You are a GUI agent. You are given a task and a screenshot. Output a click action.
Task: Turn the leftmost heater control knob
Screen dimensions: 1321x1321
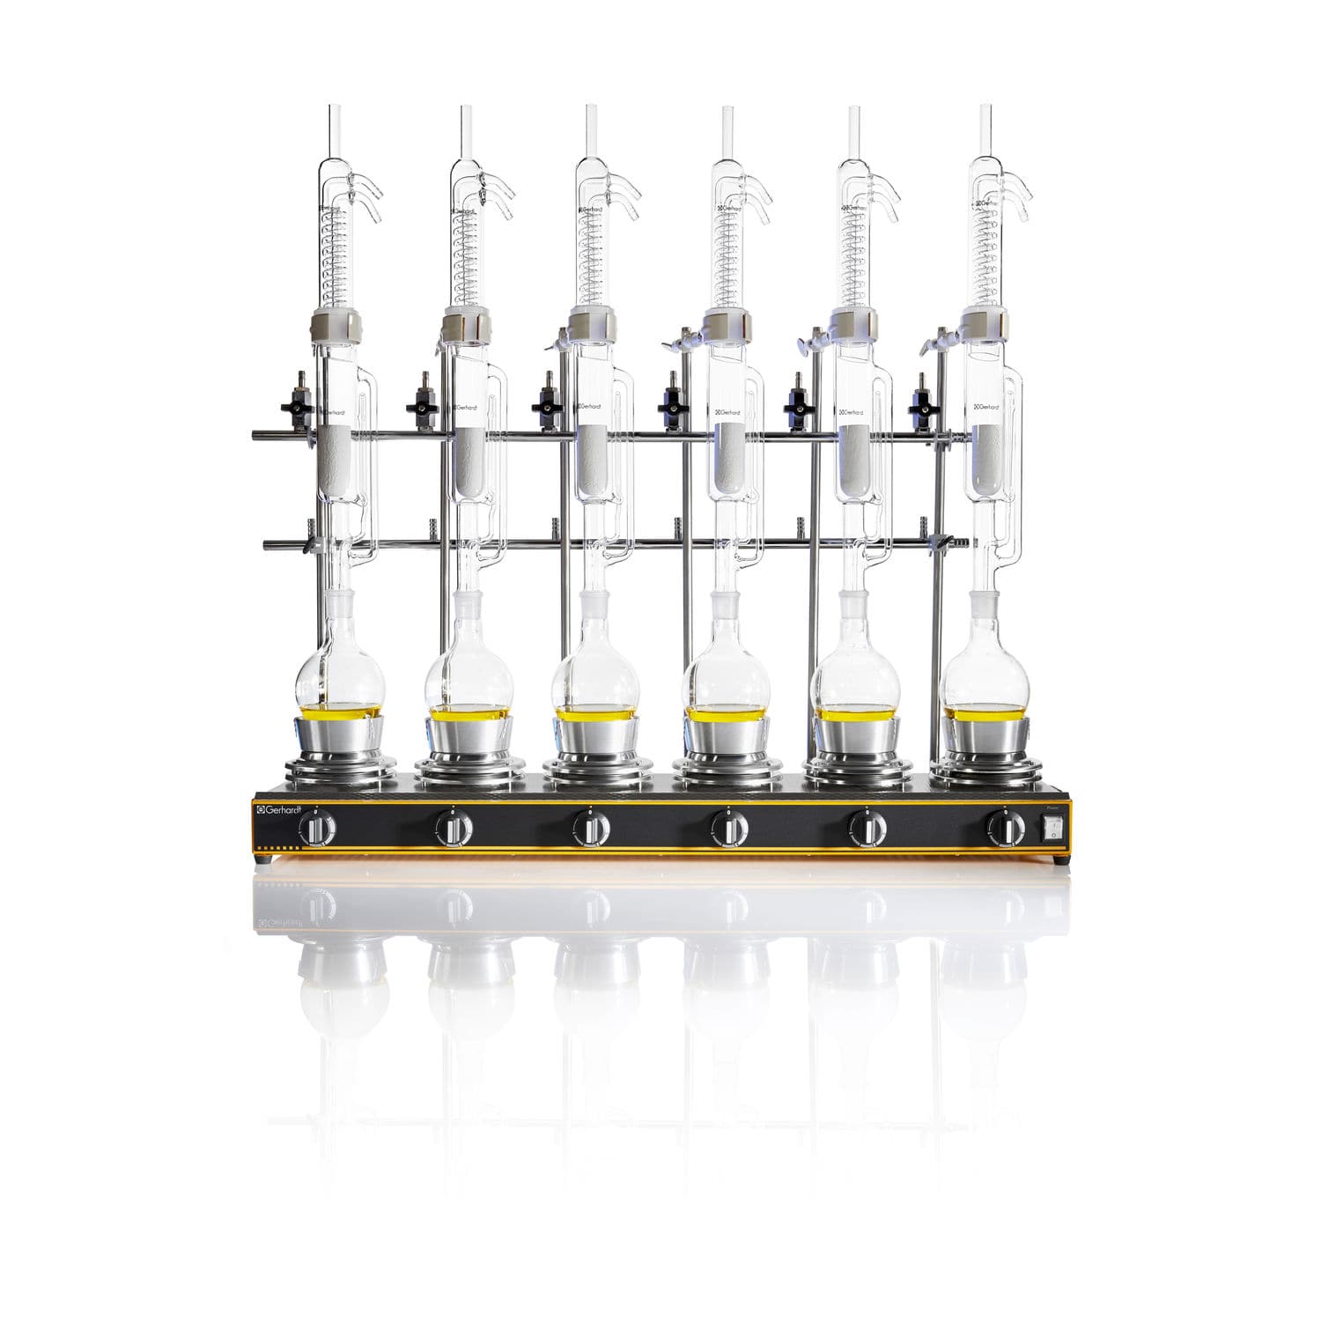[316, 829]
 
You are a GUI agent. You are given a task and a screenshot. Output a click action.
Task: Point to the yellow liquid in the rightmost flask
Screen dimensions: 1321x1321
[985, 712]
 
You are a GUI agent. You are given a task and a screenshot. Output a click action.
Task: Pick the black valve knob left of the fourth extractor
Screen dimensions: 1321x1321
[671, 407]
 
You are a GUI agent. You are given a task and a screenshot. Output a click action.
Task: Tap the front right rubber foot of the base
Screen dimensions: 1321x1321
[1057, 857]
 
